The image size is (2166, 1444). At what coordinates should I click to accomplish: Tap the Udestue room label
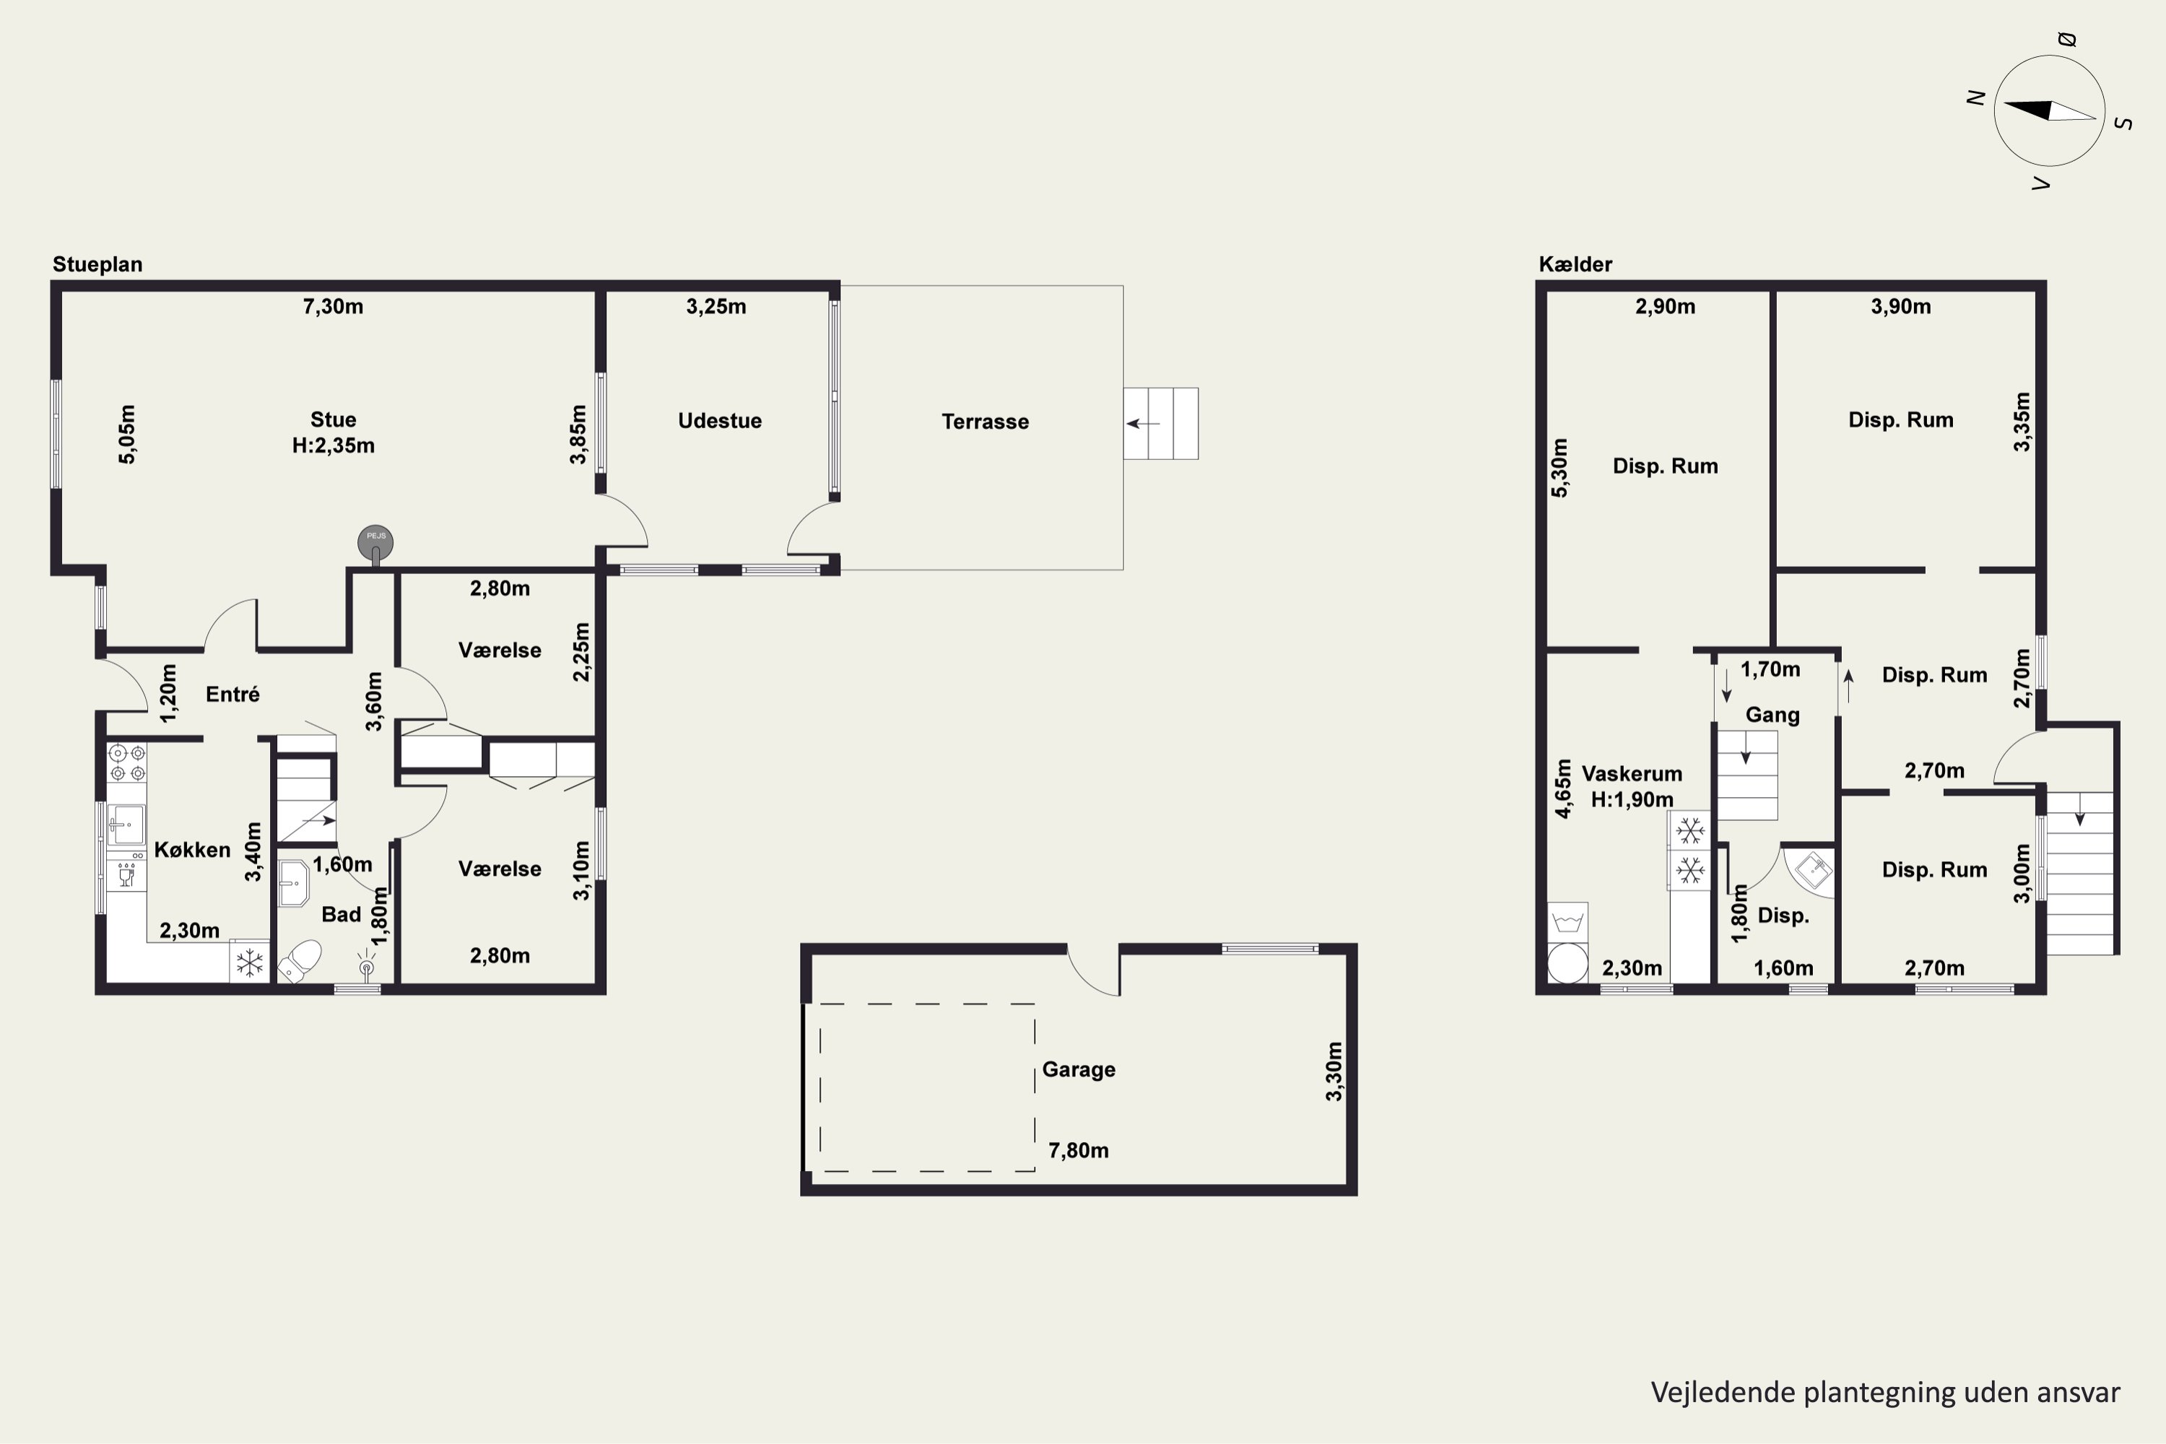(720, 421)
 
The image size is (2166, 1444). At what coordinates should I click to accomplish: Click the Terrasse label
(986, 422)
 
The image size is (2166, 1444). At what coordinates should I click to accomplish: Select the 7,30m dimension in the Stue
(334, 307)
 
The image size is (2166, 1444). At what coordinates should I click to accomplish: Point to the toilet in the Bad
(300, 960)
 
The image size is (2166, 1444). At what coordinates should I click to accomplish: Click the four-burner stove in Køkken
(127, 763)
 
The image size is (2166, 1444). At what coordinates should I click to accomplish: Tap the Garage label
(1079, 1069)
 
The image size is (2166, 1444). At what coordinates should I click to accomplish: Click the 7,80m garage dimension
(1079, 1150)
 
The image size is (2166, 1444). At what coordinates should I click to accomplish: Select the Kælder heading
(1575, 264)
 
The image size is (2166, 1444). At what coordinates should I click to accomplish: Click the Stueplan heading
(97, 264)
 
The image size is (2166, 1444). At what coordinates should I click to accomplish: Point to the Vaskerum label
(1632, 773)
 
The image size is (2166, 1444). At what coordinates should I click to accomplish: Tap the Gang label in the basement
(1773, 715)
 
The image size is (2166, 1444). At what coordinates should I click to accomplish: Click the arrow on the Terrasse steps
(1143, 424)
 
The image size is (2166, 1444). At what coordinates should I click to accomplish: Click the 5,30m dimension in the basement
(1559, 468)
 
